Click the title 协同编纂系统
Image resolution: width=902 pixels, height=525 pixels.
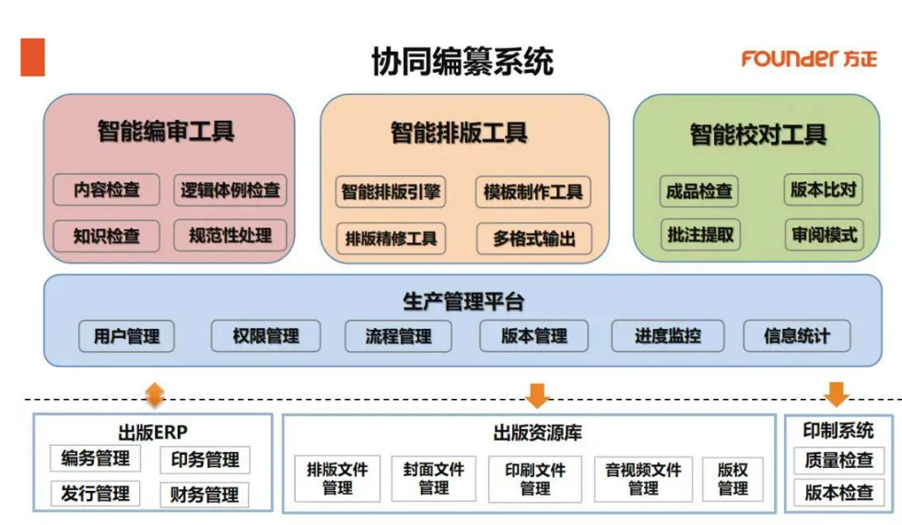point(462,62)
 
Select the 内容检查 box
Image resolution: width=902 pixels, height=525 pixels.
point(107,191)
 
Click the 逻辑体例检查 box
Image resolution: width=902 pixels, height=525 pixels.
point(230,191)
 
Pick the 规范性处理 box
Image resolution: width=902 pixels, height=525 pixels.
point(230,235)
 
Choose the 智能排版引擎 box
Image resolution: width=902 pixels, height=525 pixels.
point(391,192)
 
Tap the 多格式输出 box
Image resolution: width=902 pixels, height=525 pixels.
point(533,238)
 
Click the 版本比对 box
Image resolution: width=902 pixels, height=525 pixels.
point(823,191)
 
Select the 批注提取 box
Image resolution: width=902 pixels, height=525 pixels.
point(700,235)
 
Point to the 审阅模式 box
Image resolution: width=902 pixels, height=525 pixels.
point(823,235)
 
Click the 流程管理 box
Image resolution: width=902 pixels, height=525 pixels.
point(398,336)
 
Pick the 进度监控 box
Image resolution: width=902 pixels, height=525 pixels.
point(667,336)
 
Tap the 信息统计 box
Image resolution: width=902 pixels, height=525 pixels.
point(796,336)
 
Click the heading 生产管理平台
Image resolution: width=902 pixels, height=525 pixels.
point(463,301)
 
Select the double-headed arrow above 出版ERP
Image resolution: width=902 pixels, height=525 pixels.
point(155,394)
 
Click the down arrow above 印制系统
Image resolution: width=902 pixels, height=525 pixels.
point(836,393)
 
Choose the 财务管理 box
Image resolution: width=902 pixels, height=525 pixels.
point(205,495)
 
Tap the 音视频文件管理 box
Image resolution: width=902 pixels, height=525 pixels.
point(643,479)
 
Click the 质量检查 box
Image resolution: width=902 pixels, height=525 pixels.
point(838,460)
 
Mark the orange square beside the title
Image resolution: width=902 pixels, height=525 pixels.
point(32,57)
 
